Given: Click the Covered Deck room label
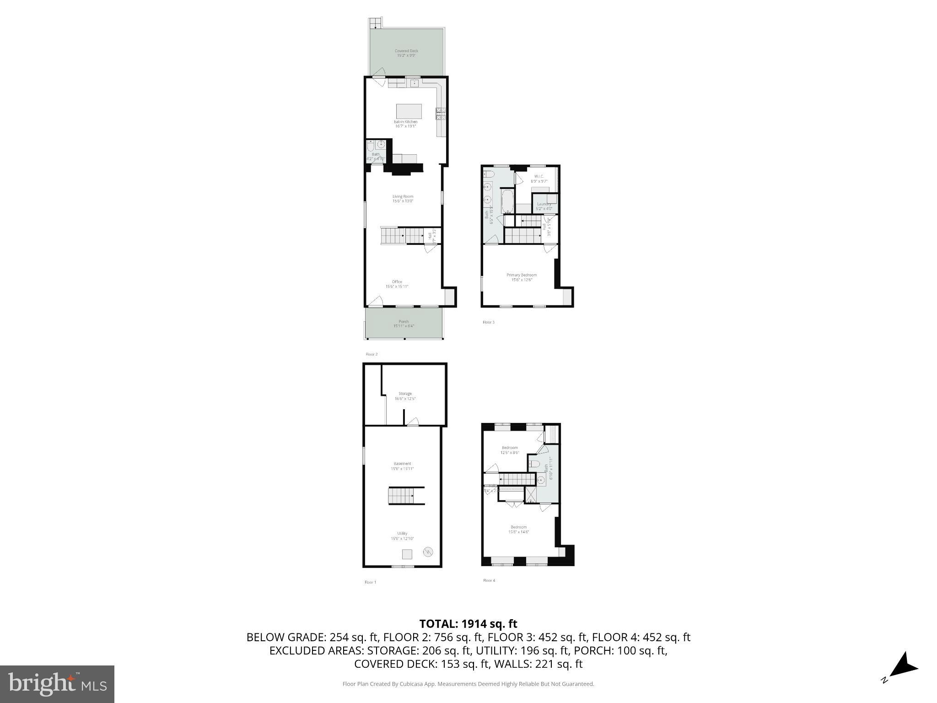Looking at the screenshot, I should click(406, 53).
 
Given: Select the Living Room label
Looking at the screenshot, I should click(403, 199).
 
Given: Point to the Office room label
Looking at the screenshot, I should click(397, 284).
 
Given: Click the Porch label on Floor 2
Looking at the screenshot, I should click(404, 324).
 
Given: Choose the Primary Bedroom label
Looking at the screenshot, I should click(521, 277).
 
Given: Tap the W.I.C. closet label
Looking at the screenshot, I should click(539, 178).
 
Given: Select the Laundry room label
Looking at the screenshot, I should click(544, 206).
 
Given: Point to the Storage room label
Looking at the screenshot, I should click(405, 396).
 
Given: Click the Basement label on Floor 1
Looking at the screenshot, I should click(402, 466).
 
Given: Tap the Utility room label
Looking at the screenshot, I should click(402, 535).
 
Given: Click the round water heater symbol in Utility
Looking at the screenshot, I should click(428, 552).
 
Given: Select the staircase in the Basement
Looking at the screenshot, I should click(401, 496).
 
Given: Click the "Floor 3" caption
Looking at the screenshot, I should click(488, 322).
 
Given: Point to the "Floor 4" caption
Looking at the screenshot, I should click(489, 580).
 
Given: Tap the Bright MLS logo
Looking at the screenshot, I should click(57, 684).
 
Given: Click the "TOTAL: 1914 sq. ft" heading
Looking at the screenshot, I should click(468, 624).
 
